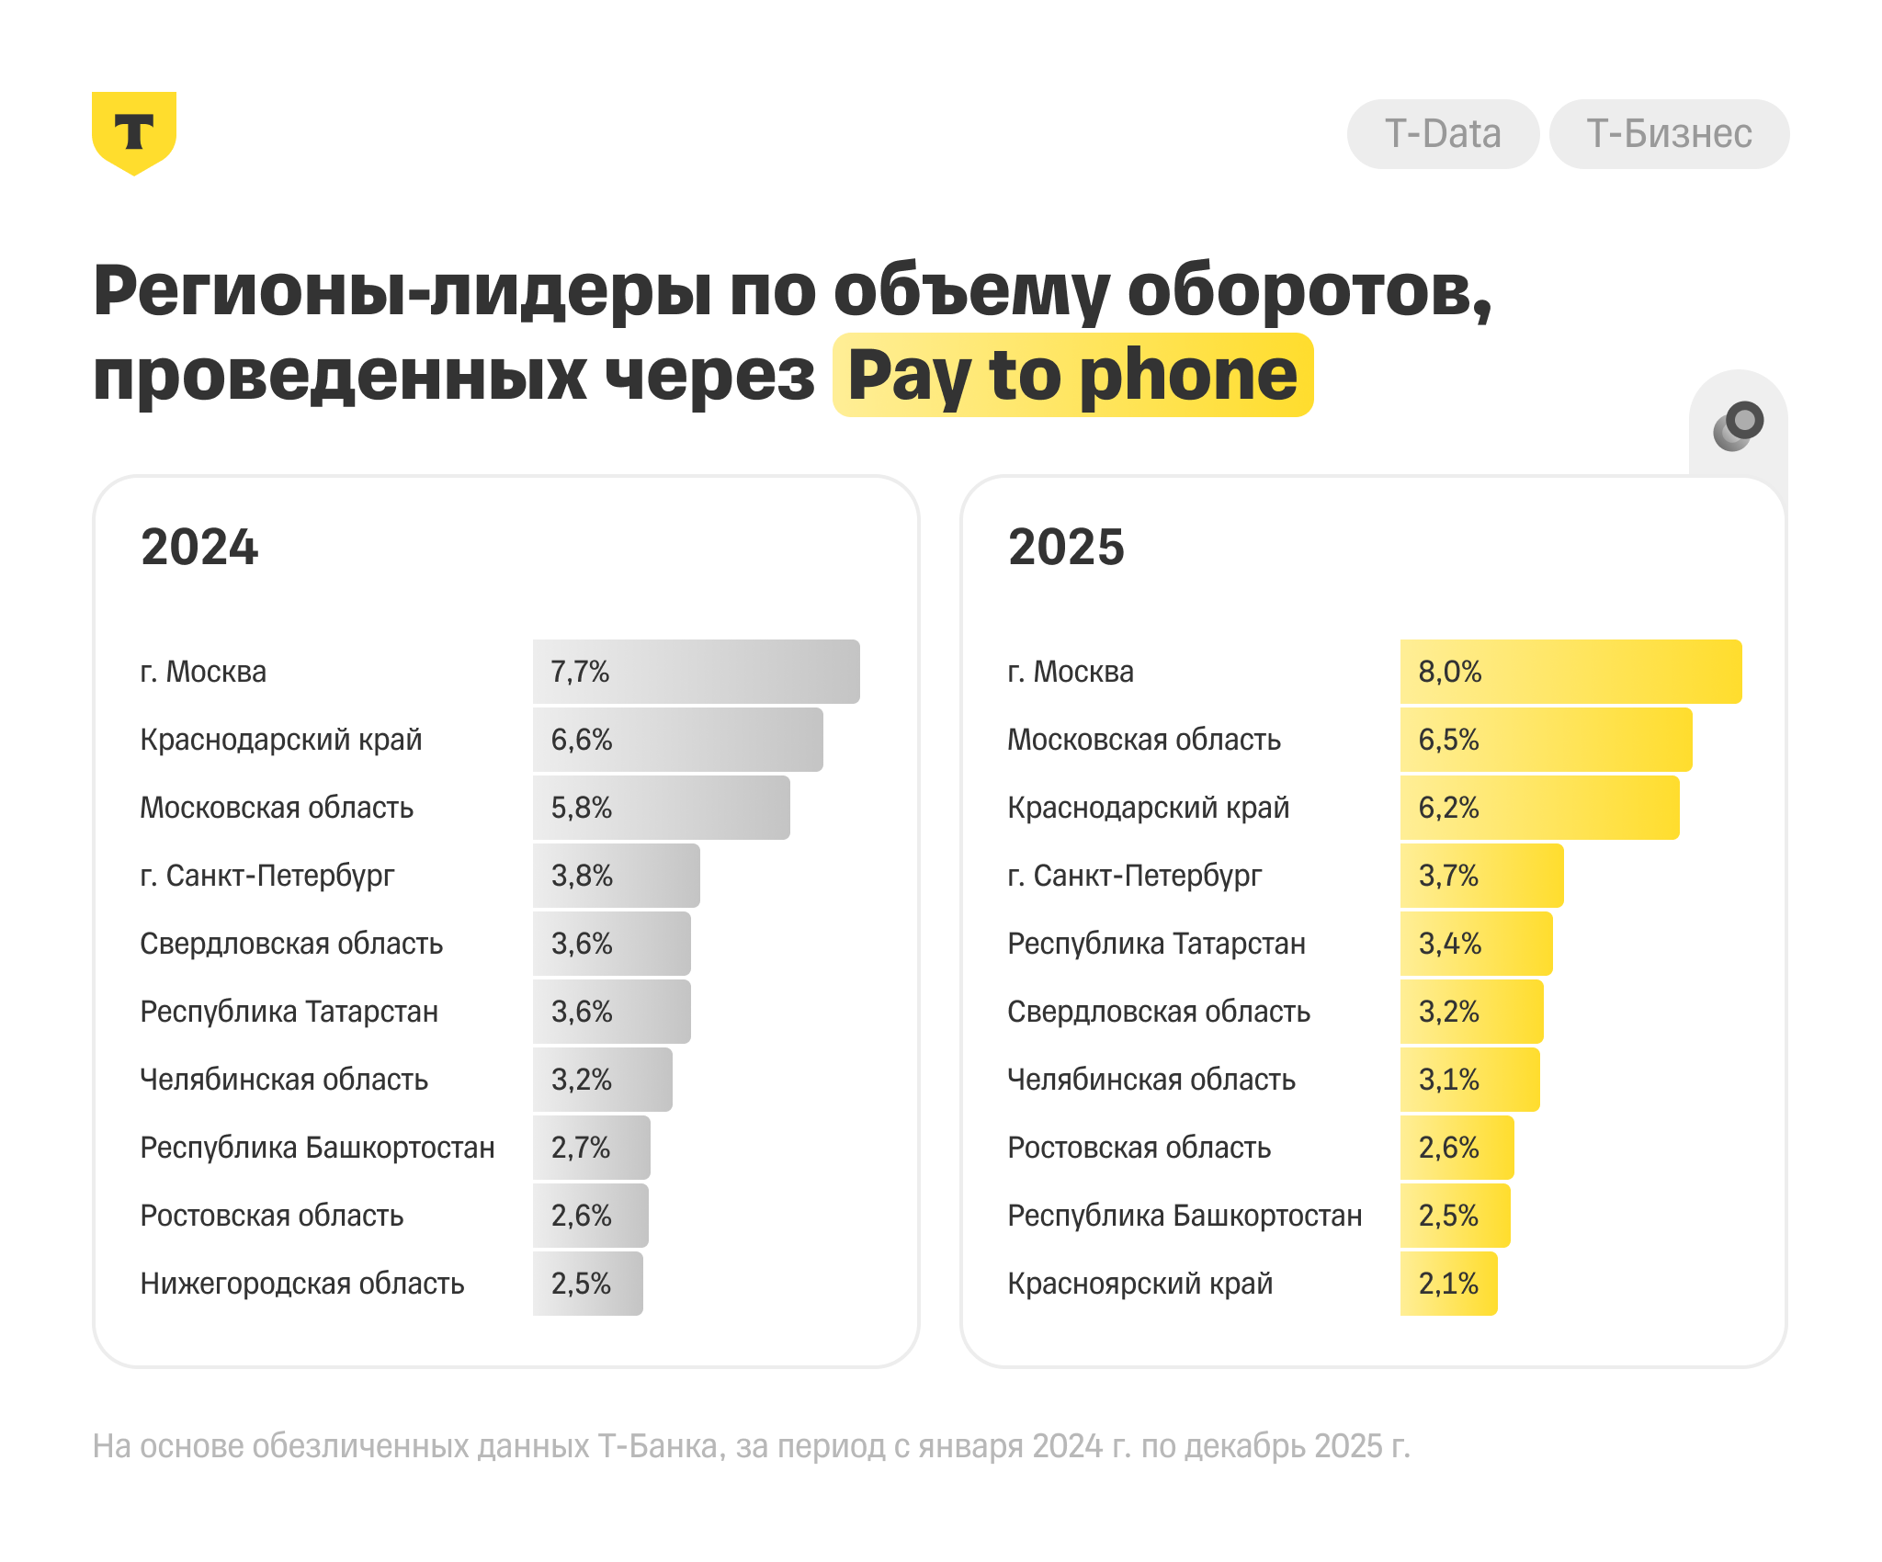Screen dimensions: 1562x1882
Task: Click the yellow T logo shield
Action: [x=134, y=131]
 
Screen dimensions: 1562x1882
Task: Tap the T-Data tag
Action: [x=1443, y=134]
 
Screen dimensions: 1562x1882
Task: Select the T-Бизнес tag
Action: [x=1669, y=134]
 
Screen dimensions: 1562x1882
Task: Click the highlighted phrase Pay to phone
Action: [x=1072, y=375]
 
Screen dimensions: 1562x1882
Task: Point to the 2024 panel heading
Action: [x=199, y=547]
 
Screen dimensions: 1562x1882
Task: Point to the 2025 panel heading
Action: [x=1066, y=547]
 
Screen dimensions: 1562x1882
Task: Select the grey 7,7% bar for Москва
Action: [x=696, y=672]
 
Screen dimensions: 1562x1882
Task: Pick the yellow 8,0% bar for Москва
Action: [x=1570, y=672]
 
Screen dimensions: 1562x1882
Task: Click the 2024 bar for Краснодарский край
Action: [x=677, y=740]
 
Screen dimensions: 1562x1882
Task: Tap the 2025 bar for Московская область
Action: [x=1546, y=740]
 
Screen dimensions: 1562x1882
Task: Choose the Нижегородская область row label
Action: [x=302, y=1284]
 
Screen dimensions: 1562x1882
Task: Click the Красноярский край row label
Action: [x=1139, y=1284]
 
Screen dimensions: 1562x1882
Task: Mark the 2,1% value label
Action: [x=1448, y=1284]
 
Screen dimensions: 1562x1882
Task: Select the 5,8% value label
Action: [x=582, y=808]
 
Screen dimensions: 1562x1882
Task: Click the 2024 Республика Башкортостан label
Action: [x=317, y=1148]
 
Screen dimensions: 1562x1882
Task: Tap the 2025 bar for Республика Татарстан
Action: [x=1476, y=944]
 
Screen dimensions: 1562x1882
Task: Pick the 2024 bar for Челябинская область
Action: [x=602, y=1080]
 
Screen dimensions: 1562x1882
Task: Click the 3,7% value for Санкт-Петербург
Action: [x=1448, y=876]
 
